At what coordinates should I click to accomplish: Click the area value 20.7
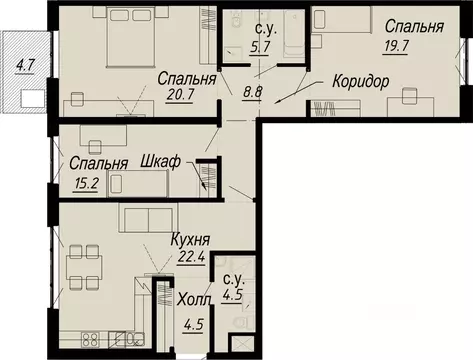point(175,95)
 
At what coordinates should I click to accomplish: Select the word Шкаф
point(160,163)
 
